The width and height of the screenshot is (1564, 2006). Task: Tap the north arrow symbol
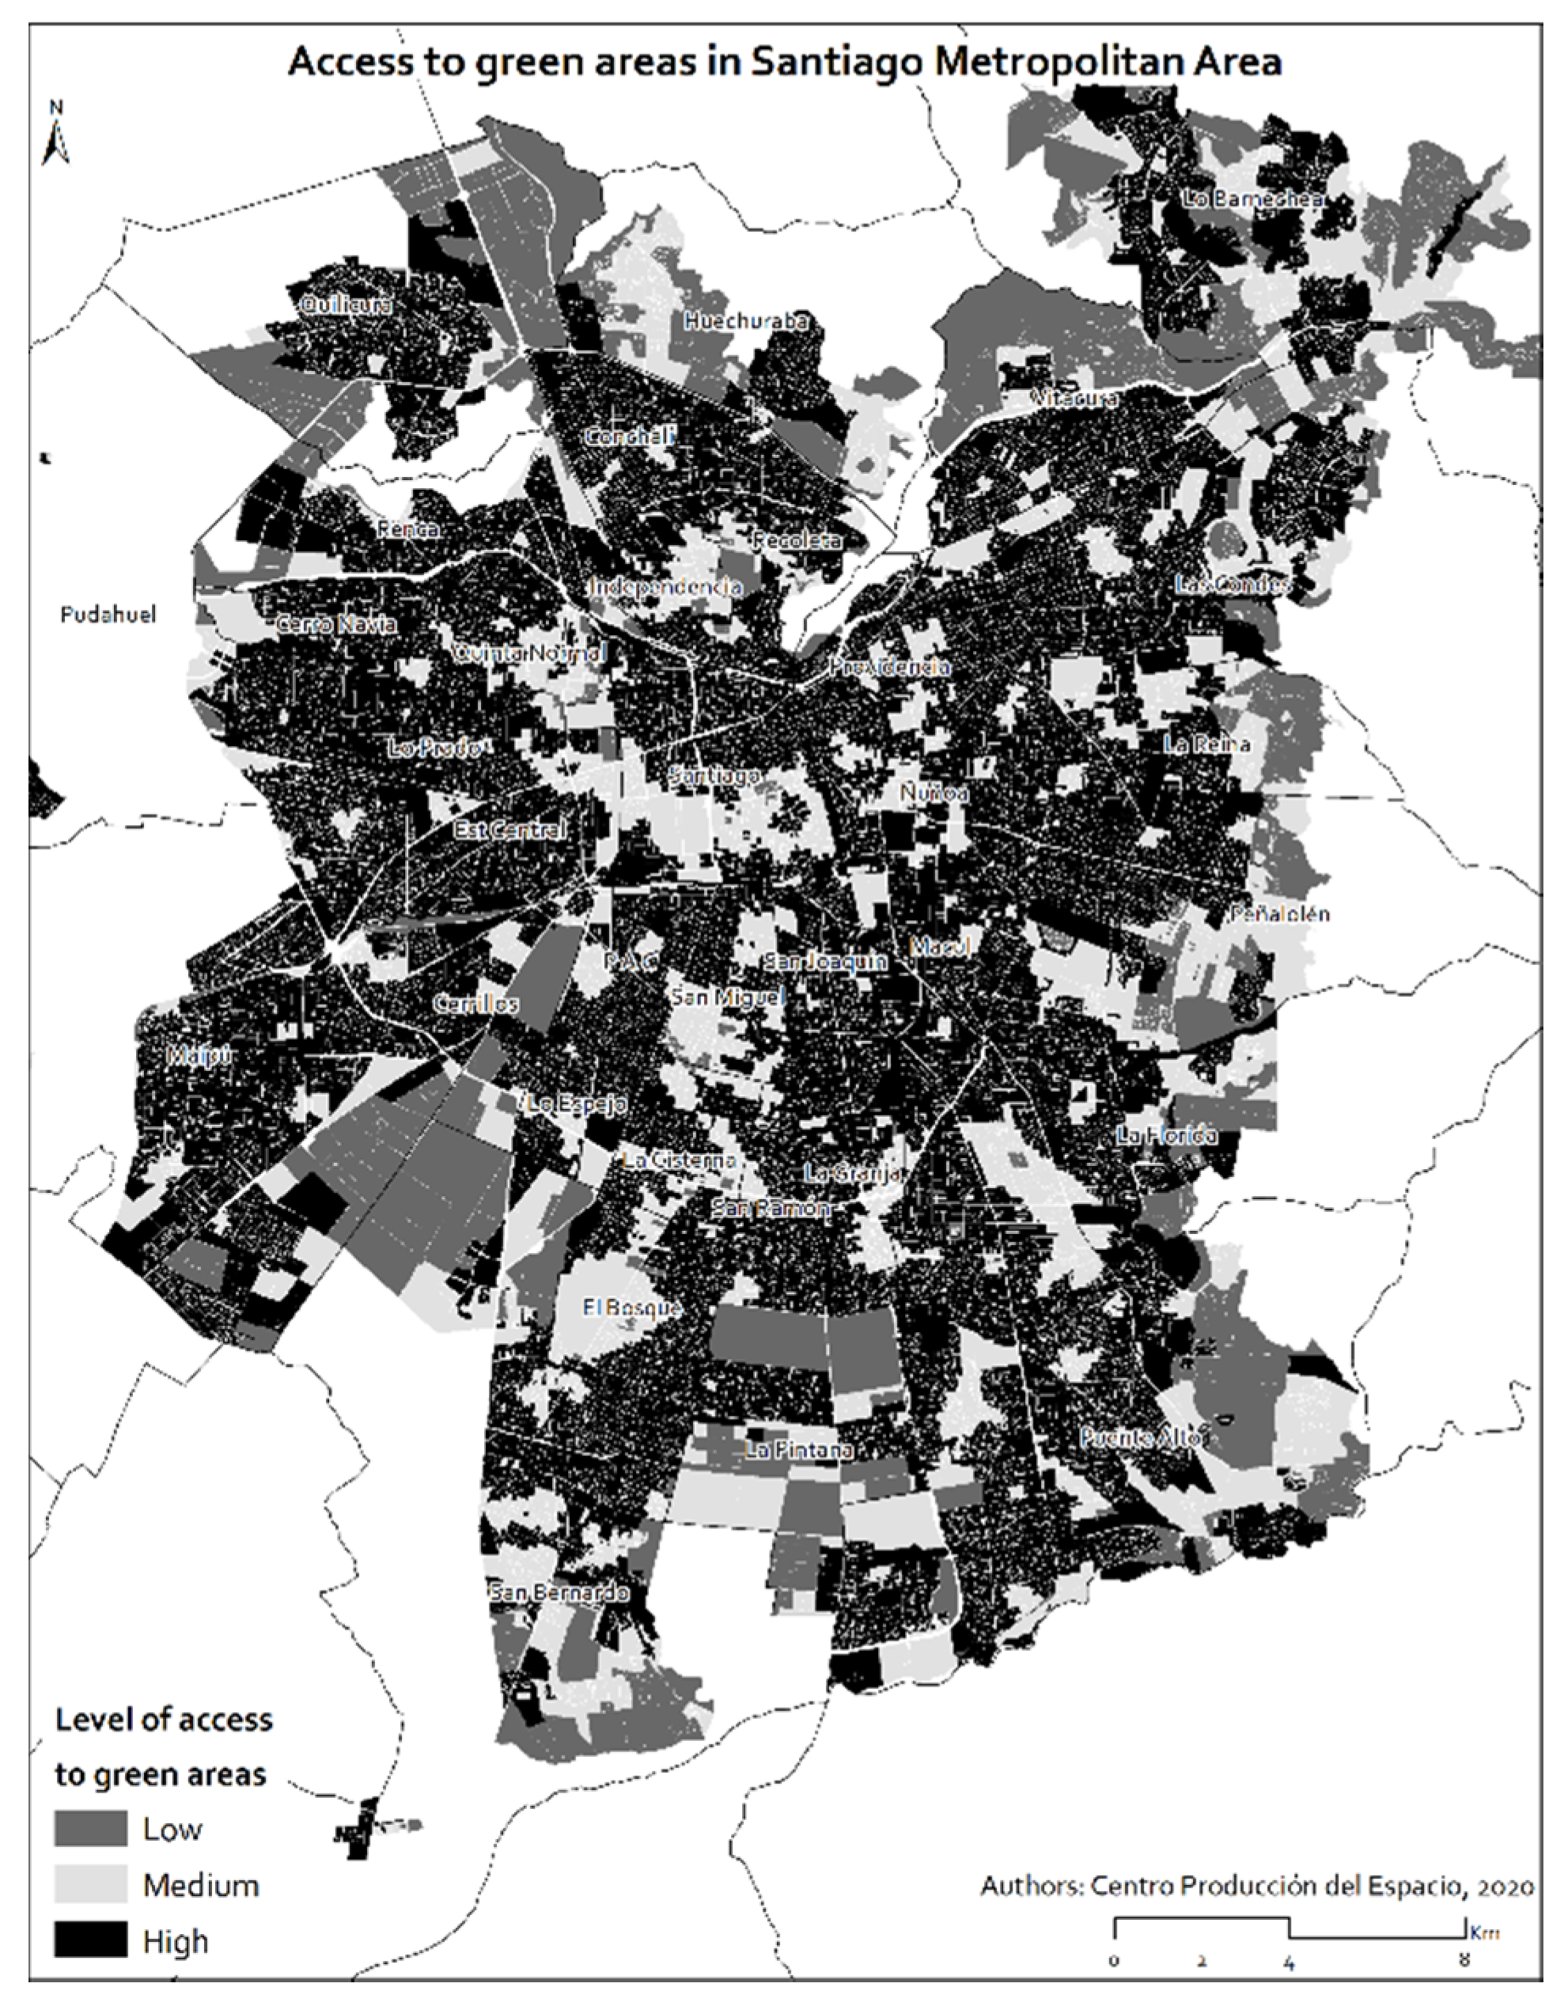[56, 138]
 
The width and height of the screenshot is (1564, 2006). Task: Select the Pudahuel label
[108, 615]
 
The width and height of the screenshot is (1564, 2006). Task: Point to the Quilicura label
[347, 304]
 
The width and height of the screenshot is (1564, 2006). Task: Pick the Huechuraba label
[746, 321]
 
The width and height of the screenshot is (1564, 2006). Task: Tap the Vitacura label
[1074, 399]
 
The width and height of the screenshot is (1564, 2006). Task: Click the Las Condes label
[1233, 583]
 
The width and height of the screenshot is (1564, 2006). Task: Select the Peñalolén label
[1279, 914]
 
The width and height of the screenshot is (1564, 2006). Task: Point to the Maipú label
[199, 1055]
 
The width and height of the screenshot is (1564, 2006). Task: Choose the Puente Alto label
[1140, 1437]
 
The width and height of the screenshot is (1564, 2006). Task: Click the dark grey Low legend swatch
[91, 1828]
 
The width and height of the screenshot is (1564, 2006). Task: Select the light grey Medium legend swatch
[91, 1884]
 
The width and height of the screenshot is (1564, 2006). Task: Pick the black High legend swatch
[91, 1941]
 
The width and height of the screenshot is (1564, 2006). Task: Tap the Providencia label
[889, 667]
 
